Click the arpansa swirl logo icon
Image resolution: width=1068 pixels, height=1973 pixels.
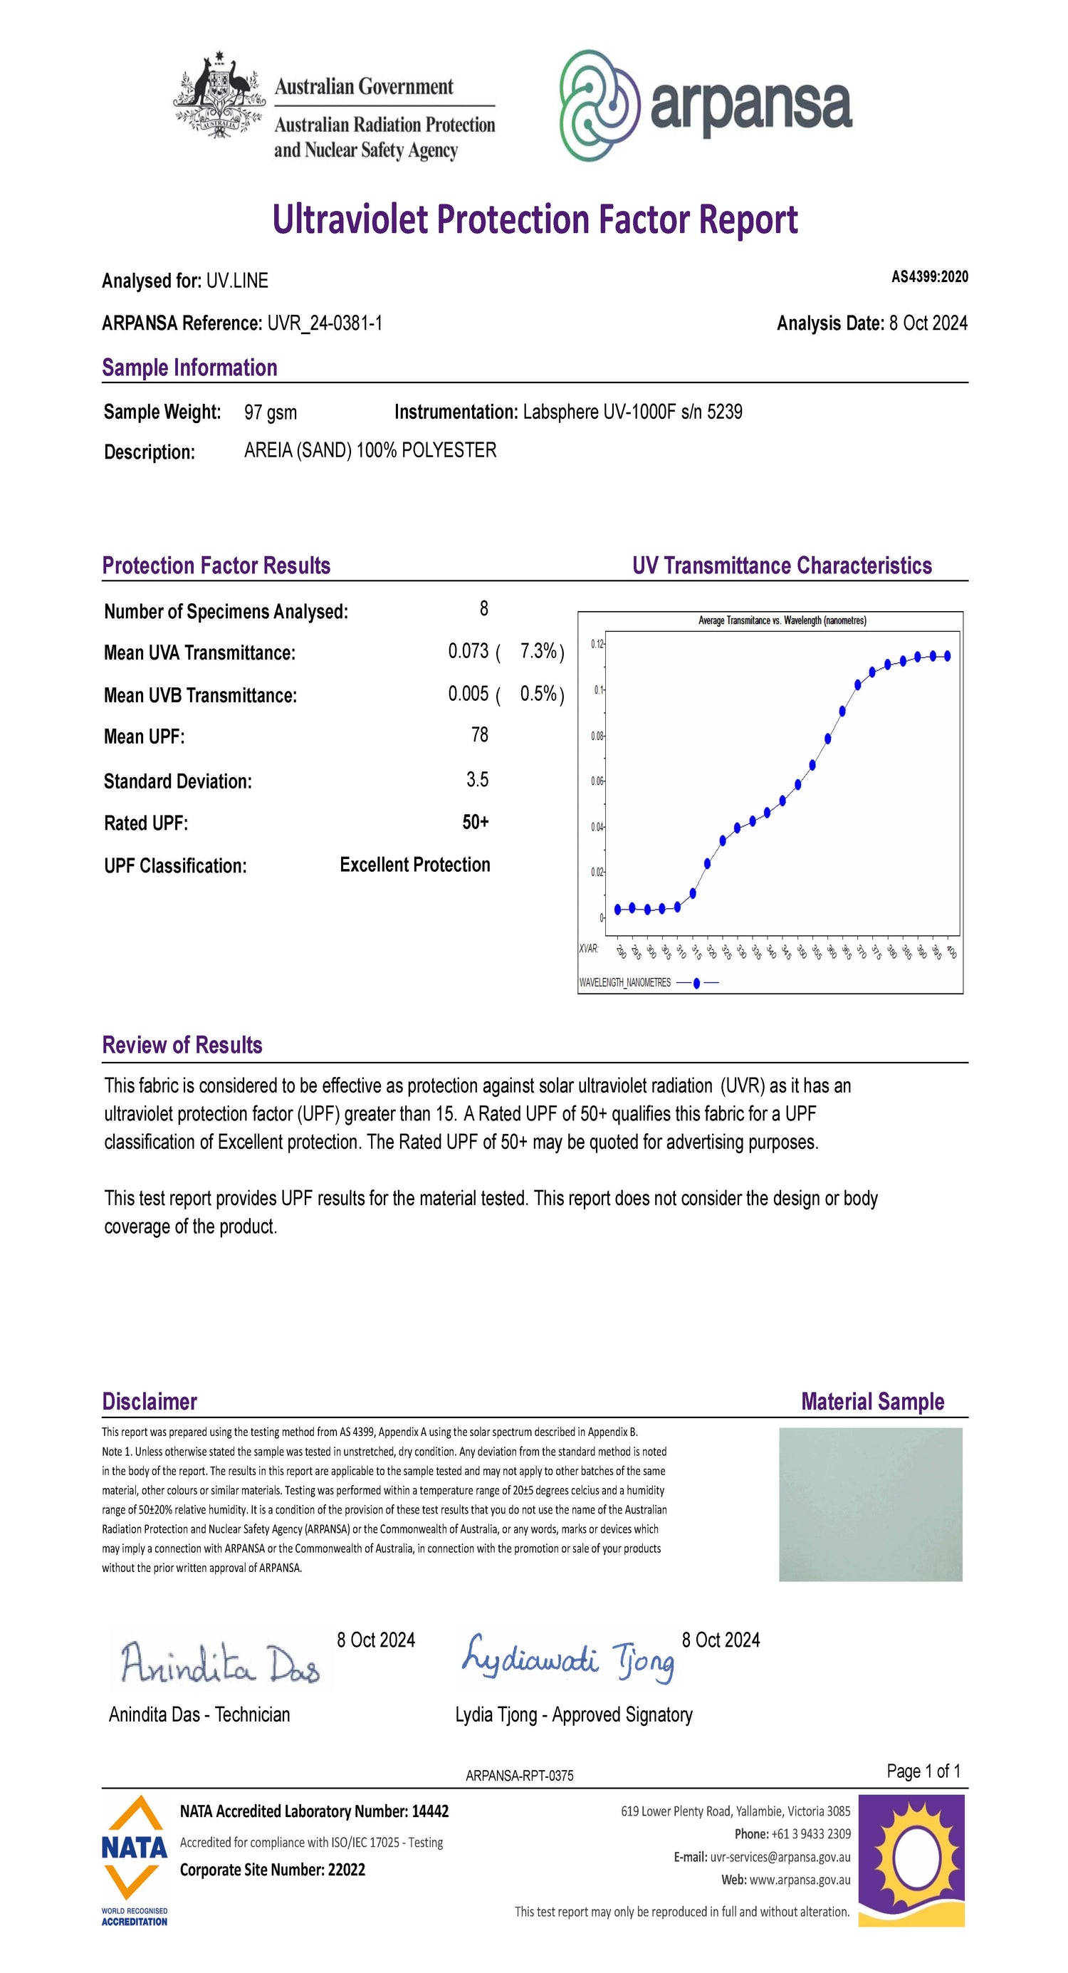(600, 105)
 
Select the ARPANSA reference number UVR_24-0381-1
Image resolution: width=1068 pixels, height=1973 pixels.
(325, 323)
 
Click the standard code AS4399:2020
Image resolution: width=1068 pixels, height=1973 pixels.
(928, 277)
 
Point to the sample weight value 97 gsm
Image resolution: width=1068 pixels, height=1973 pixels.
(271, 413)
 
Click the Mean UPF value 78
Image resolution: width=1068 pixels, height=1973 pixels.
(479, 735)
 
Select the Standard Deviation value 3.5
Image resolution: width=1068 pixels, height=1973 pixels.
(477, 780)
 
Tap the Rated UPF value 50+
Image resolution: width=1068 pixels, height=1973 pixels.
(476, 823)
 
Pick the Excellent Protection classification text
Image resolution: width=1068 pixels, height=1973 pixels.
(415, 865)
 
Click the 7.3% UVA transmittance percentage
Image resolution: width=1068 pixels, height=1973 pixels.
(538, 651)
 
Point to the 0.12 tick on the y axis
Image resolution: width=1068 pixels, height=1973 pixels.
(597, 644)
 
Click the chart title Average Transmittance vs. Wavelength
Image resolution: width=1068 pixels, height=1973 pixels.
(782, 620)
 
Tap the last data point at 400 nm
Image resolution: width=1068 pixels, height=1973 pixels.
(948, 655)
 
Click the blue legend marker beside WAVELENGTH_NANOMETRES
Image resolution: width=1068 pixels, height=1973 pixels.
(696, 983)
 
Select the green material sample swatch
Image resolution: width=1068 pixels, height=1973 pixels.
(871, 1505)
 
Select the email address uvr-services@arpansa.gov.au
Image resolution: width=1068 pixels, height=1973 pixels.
(780, 1858)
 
